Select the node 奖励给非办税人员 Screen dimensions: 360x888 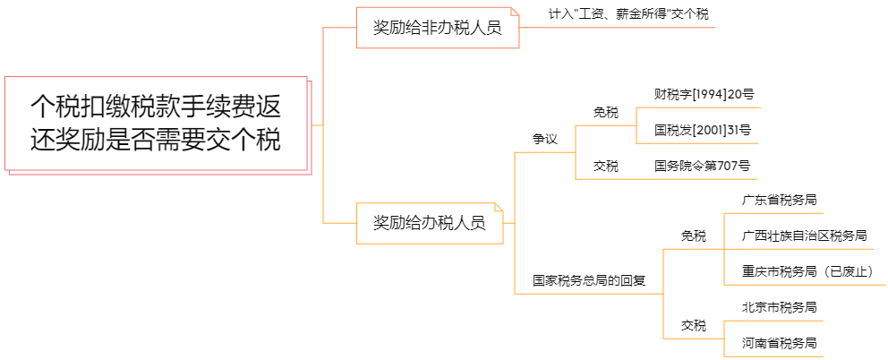pos(437,29)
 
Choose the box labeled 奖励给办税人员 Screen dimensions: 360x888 pos(430,223)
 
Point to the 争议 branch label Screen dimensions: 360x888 pos(544,139)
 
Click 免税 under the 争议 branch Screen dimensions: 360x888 pos(605,112)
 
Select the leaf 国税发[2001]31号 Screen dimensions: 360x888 pos(703,130)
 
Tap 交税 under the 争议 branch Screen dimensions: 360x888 pos(605,166)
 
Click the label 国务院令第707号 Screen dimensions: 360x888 pos(703,166)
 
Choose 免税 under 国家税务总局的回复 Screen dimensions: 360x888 pos(693,236)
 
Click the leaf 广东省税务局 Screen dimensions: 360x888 pos(779,201)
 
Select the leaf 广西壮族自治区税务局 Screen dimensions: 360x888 pos(804,236)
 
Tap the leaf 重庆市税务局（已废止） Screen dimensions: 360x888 pos(807,271)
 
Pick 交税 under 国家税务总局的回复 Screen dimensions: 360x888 pos(693,325)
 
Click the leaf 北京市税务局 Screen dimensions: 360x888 pos(779,307)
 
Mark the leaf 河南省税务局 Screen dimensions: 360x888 pos(779,343)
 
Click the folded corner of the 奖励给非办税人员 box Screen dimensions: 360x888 pos(514,12)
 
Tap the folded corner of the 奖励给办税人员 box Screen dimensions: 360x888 pos(499,208)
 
